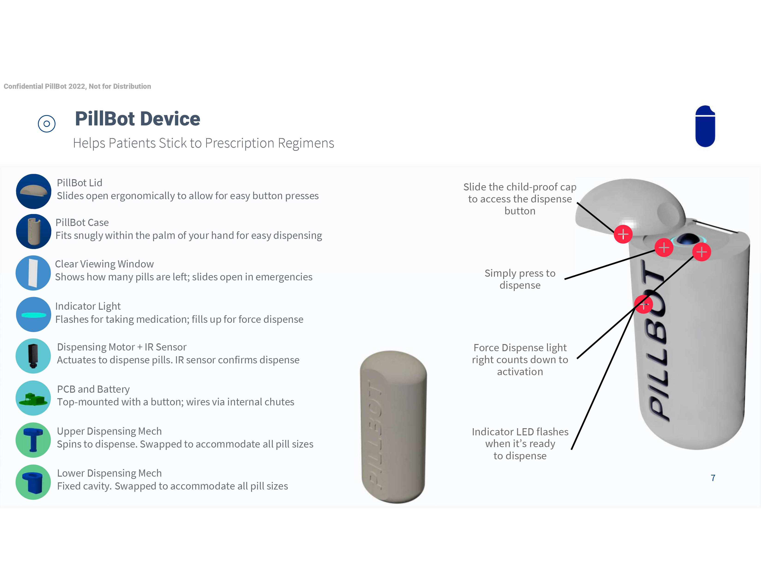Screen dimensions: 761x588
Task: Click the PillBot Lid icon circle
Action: (33, 191)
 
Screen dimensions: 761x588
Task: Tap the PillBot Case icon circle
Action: (33, 231)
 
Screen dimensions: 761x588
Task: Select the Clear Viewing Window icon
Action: (33, 273)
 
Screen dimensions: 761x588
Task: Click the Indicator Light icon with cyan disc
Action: (33, 314)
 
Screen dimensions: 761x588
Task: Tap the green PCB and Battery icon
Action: (33, 398)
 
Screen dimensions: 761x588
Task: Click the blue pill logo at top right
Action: (705, 126)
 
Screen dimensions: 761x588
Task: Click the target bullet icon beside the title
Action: (47, 124)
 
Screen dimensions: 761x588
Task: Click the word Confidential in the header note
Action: (23, 86)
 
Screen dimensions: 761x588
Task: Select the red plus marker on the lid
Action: (623, 234)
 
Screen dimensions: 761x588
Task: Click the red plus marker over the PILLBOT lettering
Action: (643, 304)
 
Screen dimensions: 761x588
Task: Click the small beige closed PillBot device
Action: (393, 427)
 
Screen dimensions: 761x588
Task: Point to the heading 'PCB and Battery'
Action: (93, 389)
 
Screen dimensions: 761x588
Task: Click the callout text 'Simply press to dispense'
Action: (520, 279)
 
